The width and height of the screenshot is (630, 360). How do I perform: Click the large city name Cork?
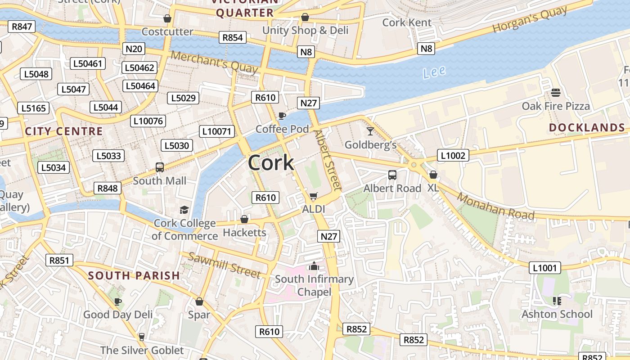[271, 162]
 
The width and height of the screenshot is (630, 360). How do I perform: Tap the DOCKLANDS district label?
[587, 128]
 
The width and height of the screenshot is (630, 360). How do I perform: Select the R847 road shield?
[22, 27]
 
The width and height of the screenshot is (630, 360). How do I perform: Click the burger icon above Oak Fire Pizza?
[556, 93]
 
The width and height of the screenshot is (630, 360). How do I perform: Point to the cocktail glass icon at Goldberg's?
[370, 131]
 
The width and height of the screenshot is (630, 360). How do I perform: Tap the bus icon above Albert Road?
[392, 175]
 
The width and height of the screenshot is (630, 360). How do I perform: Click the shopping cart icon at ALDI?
[314, 196]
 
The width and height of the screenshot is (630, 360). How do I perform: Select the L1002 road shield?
[453, 156]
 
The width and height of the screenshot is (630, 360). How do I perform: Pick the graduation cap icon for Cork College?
[184, 210]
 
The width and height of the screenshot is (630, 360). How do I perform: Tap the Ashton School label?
[557, 314]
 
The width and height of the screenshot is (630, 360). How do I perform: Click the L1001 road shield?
[544, 268]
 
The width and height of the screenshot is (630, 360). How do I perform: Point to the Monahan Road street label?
[496, 206]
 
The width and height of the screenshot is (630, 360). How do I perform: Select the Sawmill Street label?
[224, 265]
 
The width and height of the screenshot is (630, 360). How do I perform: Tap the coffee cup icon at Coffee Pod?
[282, 116]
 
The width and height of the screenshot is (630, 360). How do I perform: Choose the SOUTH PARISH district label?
[134, 275]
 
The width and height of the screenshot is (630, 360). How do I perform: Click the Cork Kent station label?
[407, 22]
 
